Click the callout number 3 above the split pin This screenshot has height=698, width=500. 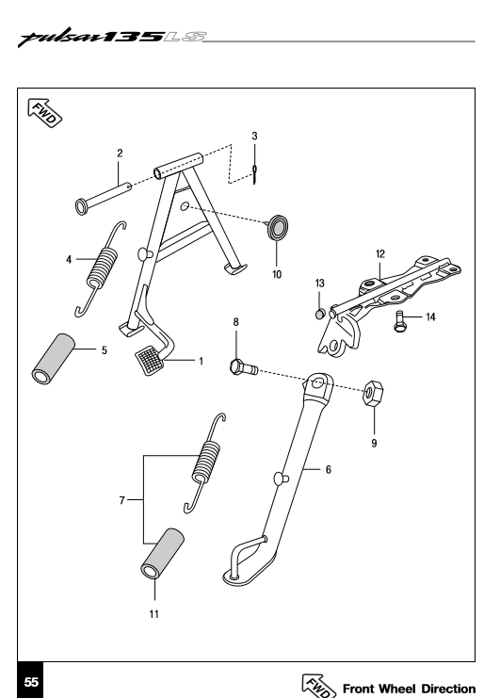click(254, 137)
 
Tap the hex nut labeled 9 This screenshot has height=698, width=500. click(373, 393)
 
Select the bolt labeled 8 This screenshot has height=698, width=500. click(243, 367)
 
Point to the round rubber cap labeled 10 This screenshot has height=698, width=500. click(278, 227)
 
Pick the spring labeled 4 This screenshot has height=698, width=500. click(101, 268)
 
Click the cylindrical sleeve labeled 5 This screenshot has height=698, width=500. click(54, 359)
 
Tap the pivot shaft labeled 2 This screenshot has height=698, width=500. click(104, 196)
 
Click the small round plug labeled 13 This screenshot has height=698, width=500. click(319, 315)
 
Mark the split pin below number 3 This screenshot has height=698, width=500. click(254, 173)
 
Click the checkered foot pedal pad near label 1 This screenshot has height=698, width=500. click(148, 360)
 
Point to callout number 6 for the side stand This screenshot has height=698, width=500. click(329, 470)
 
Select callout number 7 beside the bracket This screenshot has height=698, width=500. click(121, 500)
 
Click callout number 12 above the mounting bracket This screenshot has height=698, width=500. click(379, 254)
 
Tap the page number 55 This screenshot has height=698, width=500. click(31, 682)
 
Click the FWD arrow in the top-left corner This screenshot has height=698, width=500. click(44, 113)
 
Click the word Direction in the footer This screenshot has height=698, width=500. click(448, 689)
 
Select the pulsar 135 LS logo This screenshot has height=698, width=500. click(112, 38)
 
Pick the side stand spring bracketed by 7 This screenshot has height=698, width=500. click(205, 463)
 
